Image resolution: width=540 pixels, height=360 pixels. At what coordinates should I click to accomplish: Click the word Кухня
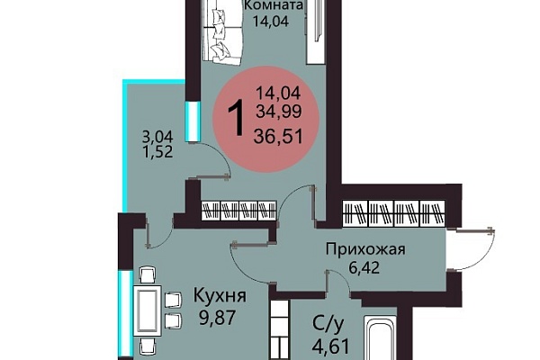[220, 295]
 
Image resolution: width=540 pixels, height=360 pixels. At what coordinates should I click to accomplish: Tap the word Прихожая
[365, 249]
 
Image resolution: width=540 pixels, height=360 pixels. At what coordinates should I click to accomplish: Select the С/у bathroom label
[328, 325]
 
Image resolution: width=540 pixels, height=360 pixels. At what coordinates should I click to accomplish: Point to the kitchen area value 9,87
[217, 318]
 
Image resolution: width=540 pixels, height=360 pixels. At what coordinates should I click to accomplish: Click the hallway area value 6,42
[364, 267]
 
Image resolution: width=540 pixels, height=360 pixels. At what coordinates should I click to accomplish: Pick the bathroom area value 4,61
[331, 346]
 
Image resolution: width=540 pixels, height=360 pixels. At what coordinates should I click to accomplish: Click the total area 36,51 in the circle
[278, 136]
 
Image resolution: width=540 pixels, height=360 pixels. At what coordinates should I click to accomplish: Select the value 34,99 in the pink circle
[279, 111]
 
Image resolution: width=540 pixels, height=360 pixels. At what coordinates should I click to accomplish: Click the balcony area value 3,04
[157, 137]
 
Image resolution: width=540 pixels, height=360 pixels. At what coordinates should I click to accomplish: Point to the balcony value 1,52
[157, 151]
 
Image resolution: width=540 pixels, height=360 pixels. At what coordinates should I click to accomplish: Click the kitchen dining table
[148, 311]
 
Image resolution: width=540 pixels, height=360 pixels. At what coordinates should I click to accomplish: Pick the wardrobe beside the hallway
[393, 213]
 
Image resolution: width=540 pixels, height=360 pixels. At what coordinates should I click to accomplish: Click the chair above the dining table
[148, 274]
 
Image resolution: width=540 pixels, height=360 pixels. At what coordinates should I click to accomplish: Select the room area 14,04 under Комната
[271, 22]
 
